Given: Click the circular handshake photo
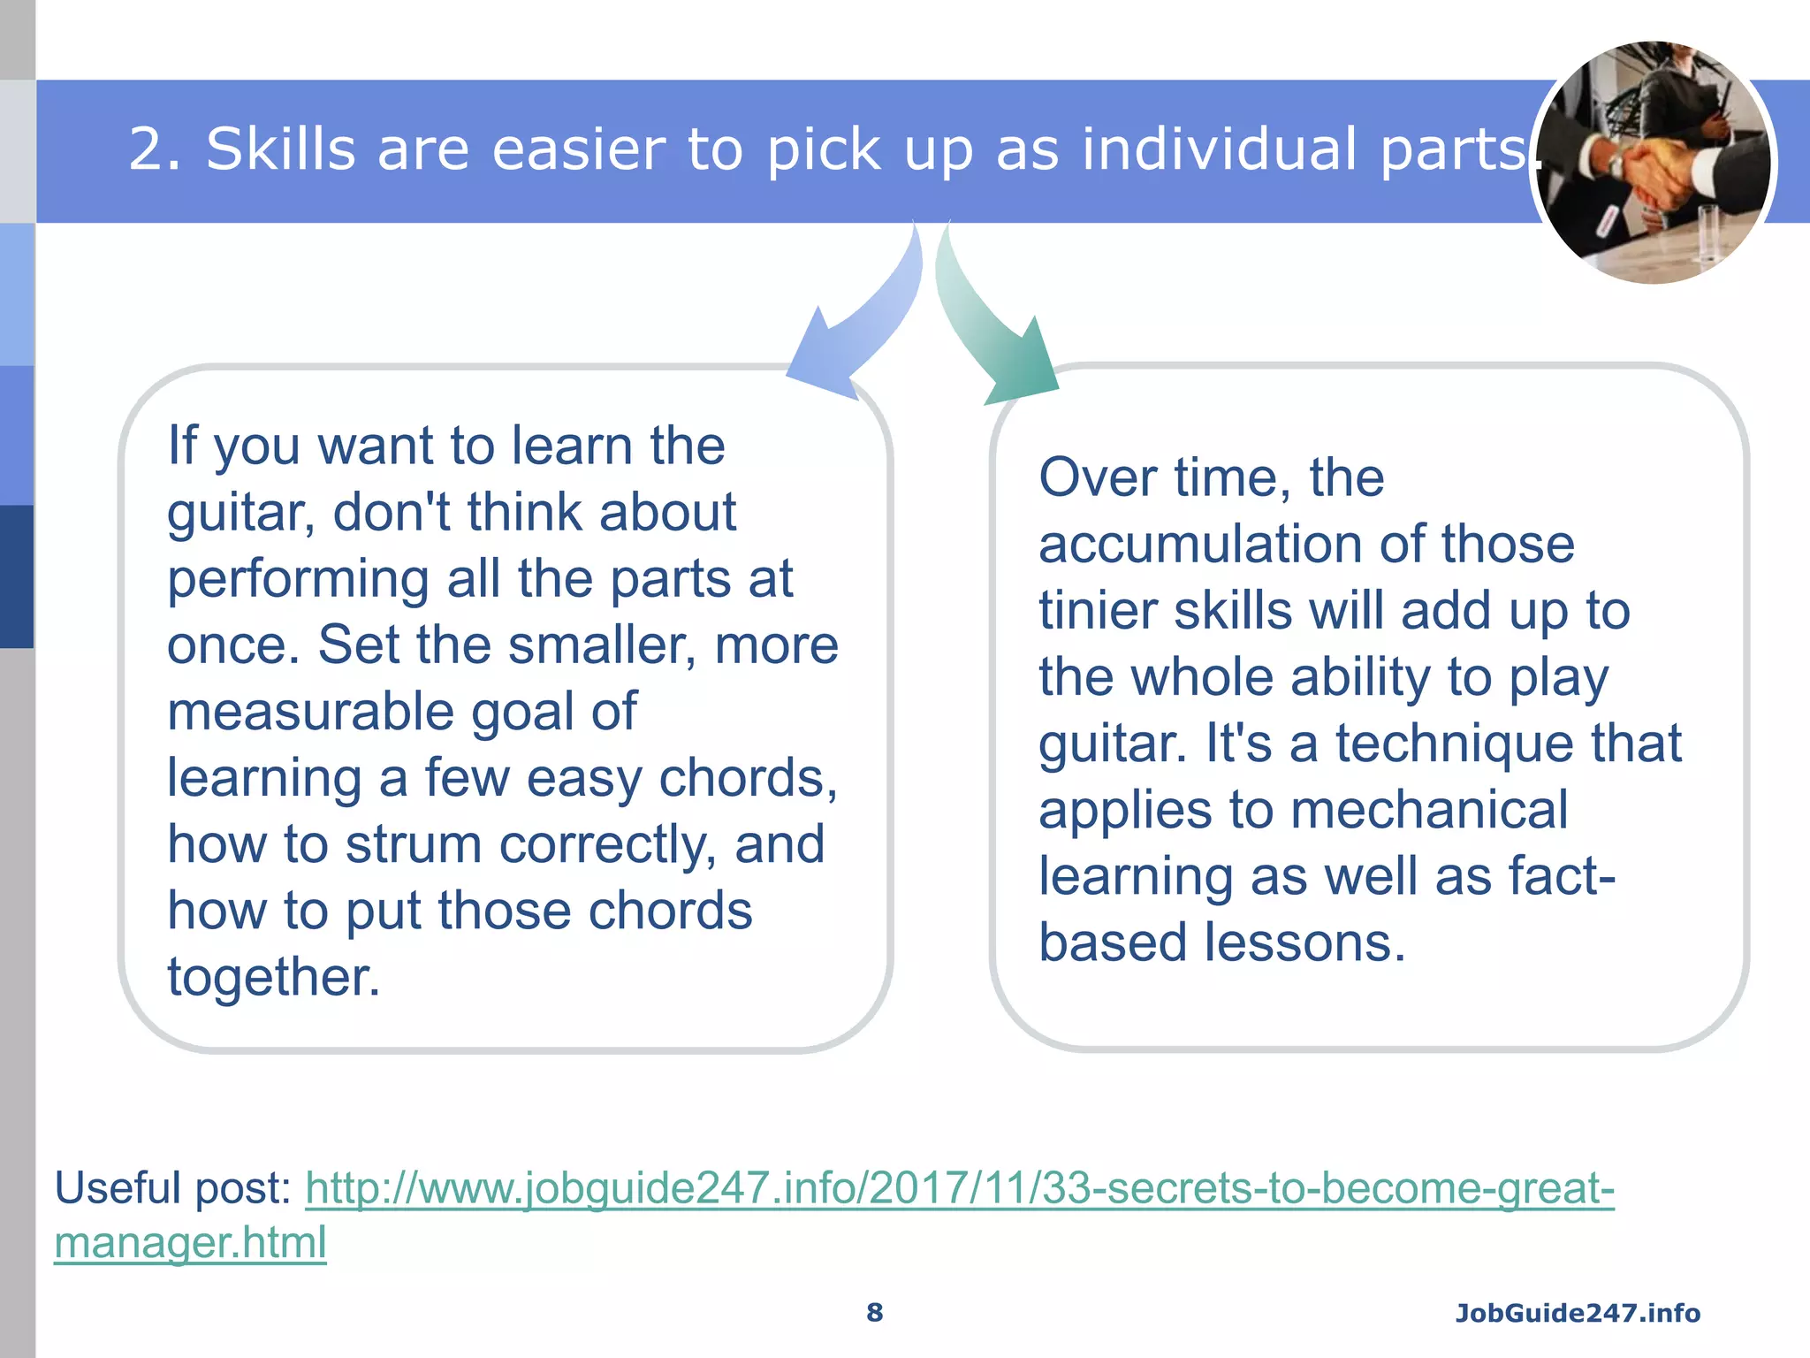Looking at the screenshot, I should click(1654, 164).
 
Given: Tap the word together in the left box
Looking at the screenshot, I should click(273, 978).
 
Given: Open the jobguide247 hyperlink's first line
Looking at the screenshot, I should click(959, 1188).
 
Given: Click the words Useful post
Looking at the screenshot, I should click(172, 1188).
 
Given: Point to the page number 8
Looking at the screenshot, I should click(874, 1313).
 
